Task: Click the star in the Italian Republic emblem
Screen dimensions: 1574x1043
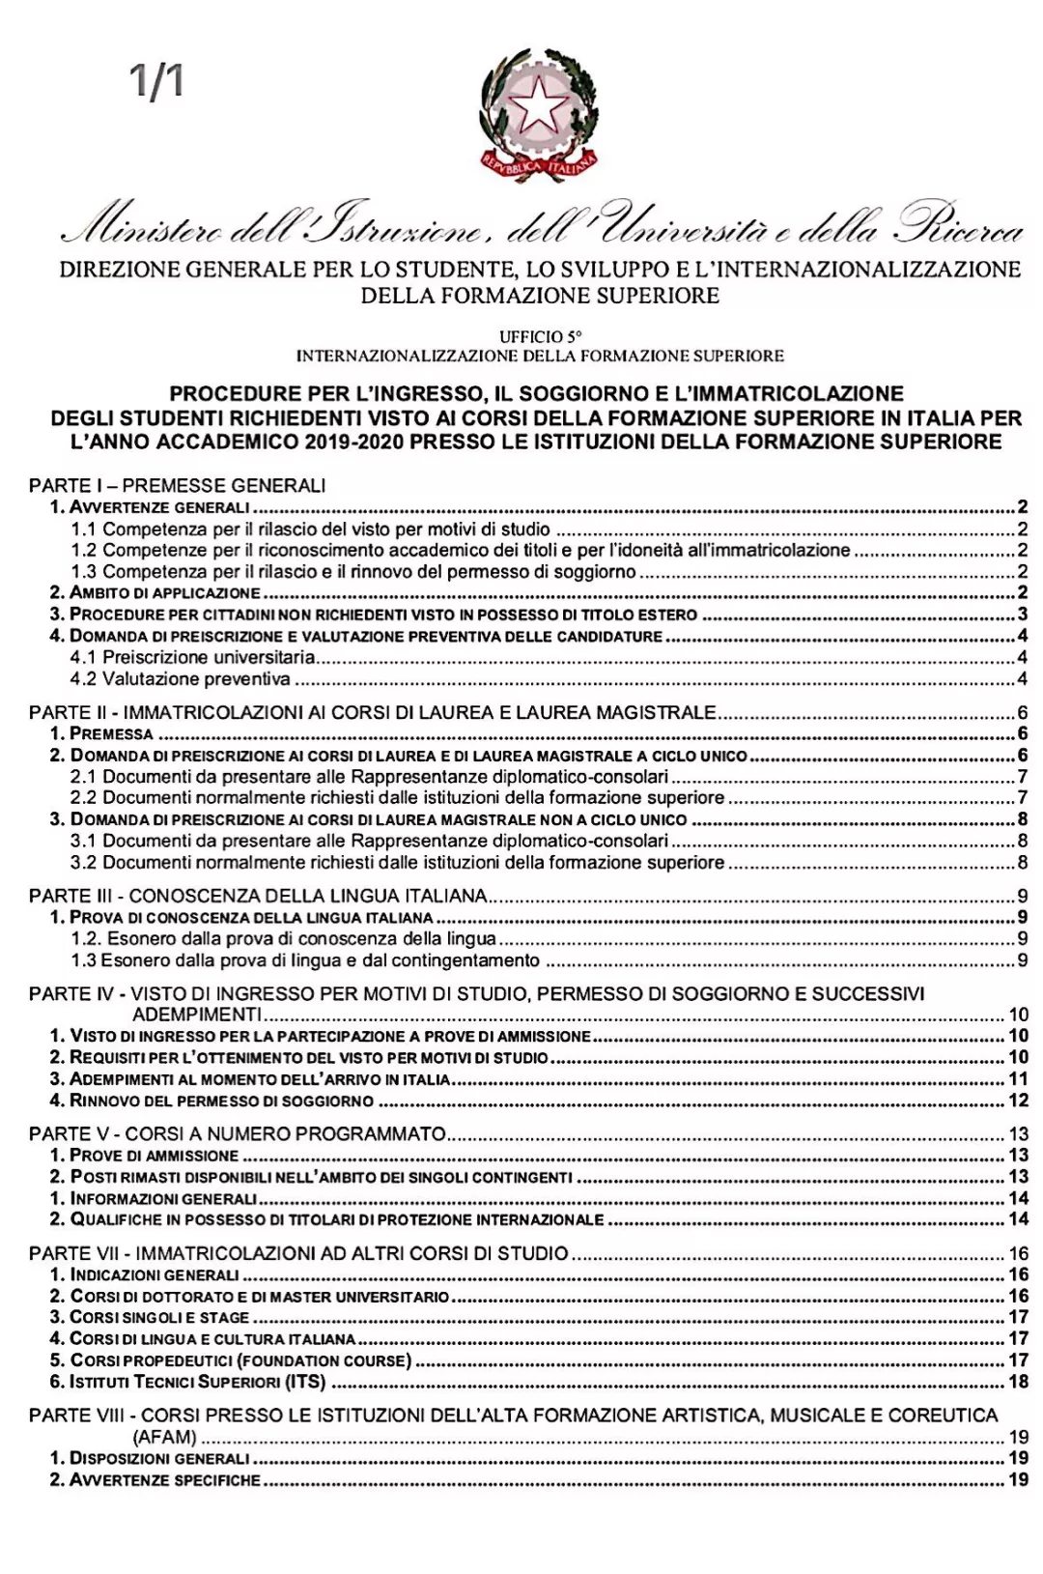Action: click(x=535, y=103)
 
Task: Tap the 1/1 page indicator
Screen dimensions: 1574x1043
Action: click(x=158, y=82)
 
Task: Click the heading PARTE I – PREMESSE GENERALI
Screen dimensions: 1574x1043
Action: click(x=177, y=485)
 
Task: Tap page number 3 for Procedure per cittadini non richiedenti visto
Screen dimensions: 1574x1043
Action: click(x=1022, y=615)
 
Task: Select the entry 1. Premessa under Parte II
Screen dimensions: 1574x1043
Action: click(x=101, y=734)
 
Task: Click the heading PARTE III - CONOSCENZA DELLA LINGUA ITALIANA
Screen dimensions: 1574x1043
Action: click(x=258, y=896)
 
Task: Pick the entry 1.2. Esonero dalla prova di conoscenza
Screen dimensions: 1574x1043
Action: click(x=284, y=938)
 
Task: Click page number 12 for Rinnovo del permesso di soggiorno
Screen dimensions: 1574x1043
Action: click(x=1018, y=1101)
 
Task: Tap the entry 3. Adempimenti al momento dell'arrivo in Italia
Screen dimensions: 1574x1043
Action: click(x=250, y=1079)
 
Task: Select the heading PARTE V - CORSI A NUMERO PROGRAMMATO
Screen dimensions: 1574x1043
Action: click(x=238, y=1133)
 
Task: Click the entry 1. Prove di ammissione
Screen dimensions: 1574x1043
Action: click(x=144, y=1156)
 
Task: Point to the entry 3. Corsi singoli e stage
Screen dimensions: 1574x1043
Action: click(x=150, y=1317)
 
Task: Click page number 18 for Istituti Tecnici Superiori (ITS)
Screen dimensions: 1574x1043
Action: click(x=1018, y=1382)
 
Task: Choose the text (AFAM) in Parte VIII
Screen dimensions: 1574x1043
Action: click(x=165, y=1437)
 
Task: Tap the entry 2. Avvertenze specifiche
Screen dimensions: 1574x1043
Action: click(x=155, y=1479)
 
